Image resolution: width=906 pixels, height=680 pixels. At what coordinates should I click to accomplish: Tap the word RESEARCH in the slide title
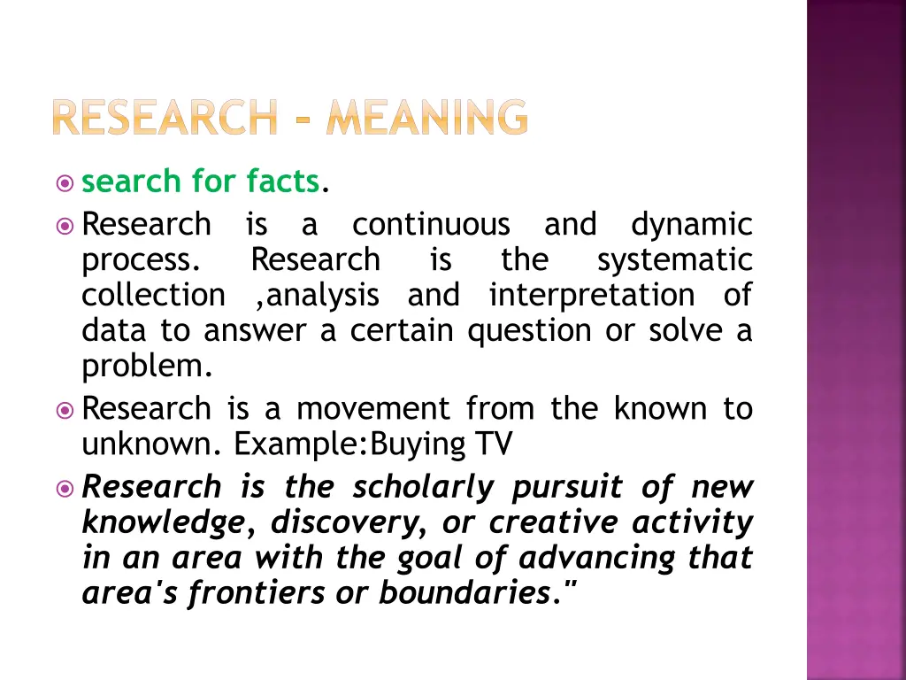coord(163,118)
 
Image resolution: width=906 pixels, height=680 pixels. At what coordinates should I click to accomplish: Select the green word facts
coord(282,182)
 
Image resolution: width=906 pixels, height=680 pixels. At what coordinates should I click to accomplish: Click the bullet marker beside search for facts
coord(64,182)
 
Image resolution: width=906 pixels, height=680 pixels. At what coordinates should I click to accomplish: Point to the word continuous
coord(431,224)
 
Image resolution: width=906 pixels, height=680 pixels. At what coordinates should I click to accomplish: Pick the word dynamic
coord(691,224)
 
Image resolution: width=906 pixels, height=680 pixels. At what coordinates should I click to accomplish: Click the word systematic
coord(674,259)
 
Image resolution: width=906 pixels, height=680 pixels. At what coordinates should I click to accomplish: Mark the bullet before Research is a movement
coord(64,409)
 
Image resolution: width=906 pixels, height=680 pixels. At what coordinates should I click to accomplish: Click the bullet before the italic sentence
coord(64,487)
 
